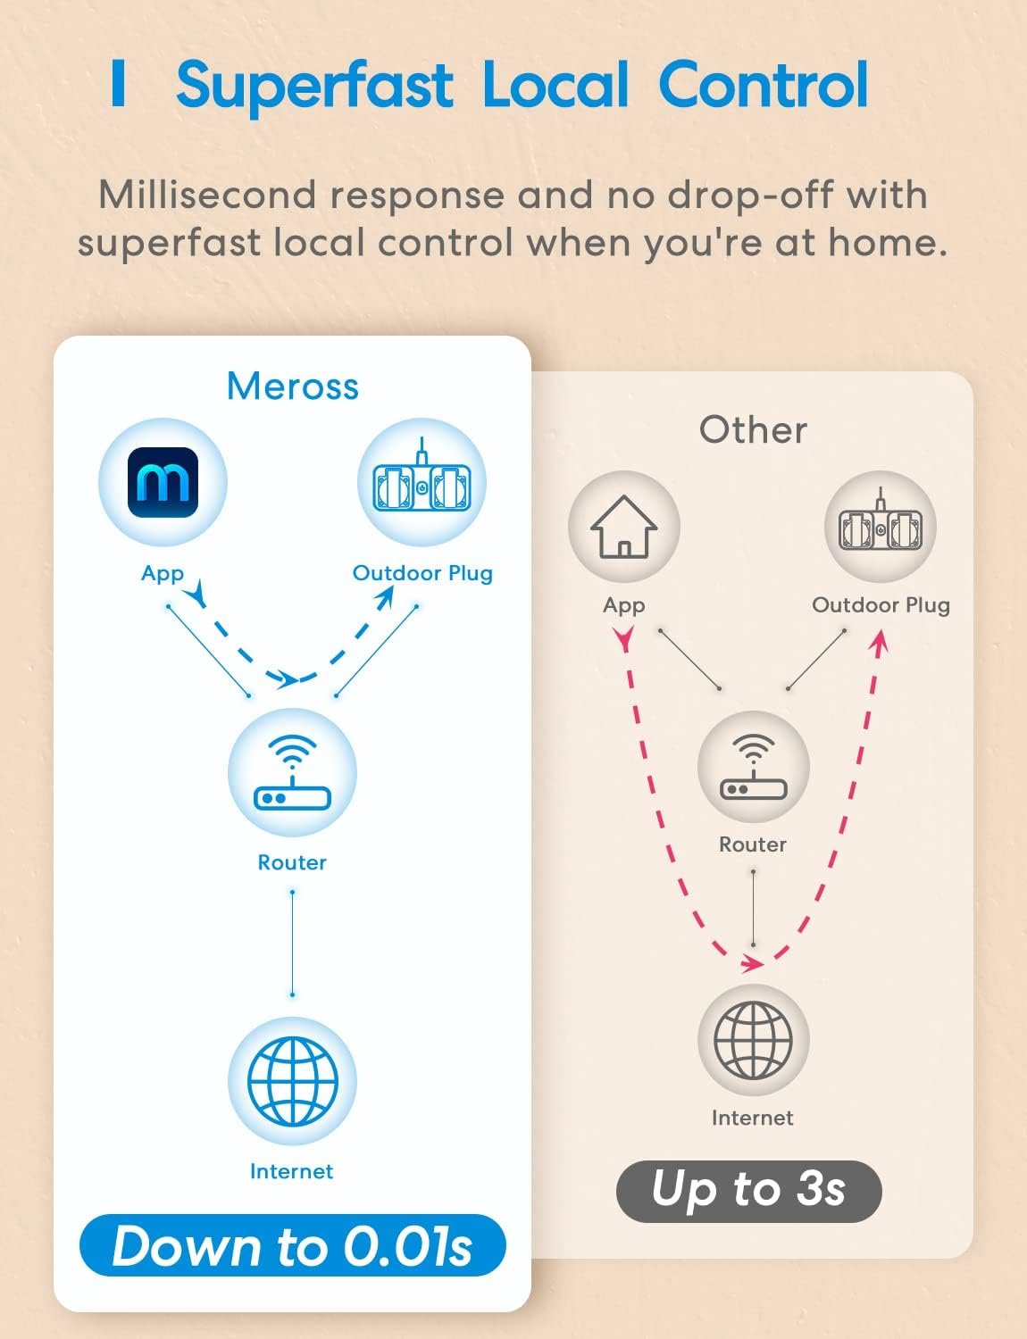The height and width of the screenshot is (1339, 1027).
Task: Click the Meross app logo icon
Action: pos(163,482)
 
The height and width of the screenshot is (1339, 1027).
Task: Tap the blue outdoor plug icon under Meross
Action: pos(422,482)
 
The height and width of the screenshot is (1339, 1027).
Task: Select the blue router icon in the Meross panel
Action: pos(292,773)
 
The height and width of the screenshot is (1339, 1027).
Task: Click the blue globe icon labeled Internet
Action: pos(292,1081)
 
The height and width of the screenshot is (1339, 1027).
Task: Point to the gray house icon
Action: pos(623,527)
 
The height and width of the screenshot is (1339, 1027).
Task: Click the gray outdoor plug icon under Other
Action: pos(880,527)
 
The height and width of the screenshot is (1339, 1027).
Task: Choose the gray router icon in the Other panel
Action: pos(753,768)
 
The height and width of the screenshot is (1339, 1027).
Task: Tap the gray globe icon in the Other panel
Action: pos(753,1041)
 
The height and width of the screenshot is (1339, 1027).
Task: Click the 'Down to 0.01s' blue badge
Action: pos(292,1245)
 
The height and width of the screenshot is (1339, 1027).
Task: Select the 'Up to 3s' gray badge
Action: pos(748,1191)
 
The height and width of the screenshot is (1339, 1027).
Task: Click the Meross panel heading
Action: pos(293,387)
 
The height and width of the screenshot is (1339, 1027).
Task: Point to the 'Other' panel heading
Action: pos(753,430)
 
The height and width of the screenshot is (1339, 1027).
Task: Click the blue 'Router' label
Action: pos(292,862)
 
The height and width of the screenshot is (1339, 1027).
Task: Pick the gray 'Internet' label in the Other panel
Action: pos(752,1118)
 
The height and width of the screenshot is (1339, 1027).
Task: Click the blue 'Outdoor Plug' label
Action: pos(422,573)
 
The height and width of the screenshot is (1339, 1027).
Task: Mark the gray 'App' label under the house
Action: pos(623,605)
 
